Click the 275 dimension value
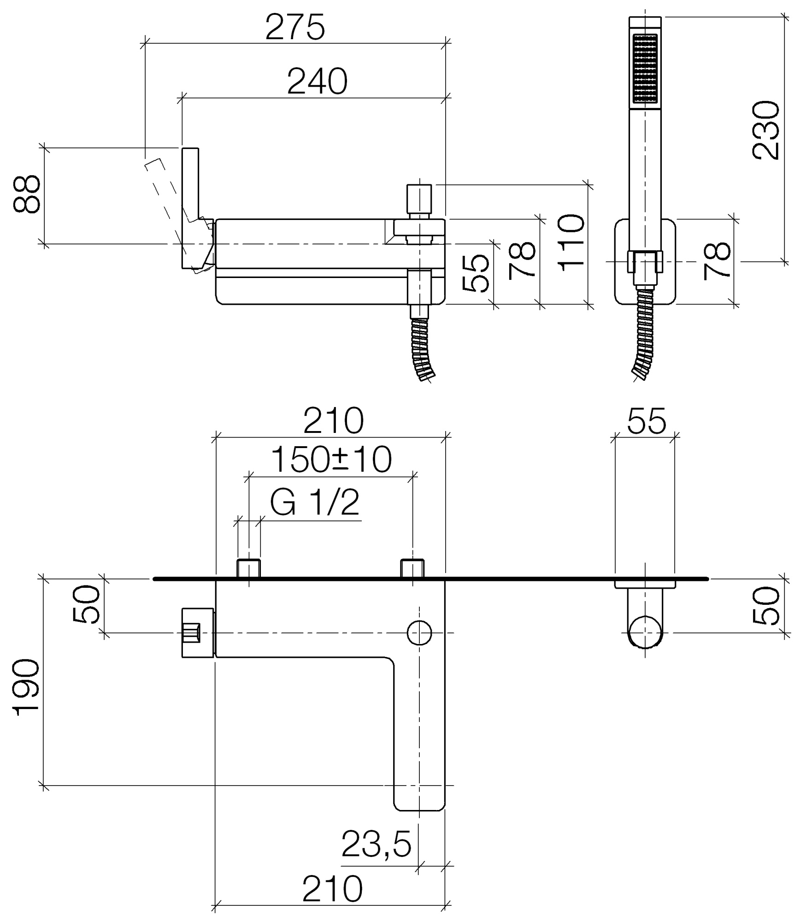[x=295, y=28]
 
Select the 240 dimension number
[x=317, y=82]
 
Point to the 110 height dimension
[x=571, y=242]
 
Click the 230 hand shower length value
[x=765, y=131]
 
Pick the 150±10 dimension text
[x=331, y=460]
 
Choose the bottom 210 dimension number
[x=332, y=889]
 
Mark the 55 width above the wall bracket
[x=647, y=420]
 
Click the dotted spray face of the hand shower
[x=645, y=68]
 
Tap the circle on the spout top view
[x=419, y=632]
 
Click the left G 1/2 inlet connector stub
[x=249, y=568]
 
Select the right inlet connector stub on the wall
[x=412, y=568]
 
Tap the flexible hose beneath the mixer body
[x=423, y=349]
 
